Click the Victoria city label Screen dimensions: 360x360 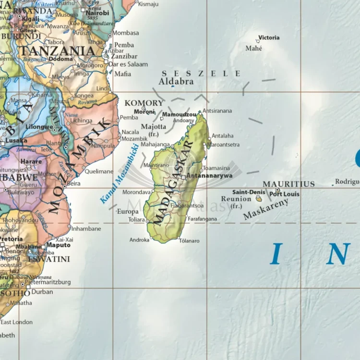tap(269, 37)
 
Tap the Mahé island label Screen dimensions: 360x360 tap(254, 48)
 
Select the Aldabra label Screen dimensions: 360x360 tap(176, 82)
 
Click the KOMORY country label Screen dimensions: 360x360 tap(144, 103)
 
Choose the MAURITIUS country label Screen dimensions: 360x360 tap(288, 184)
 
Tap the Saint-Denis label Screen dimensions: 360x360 tap(249, 192)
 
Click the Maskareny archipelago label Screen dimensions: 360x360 tap(266, 209)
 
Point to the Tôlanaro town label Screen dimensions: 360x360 tap(189, 240)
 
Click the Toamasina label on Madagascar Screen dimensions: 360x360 tap(216, 168)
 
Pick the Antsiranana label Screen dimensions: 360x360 tap(217, 111)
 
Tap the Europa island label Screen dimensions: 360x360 tap(128, 211)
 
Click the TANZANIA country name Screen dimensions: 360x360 tap(56, 50)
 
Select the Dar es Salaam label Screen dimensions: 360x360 tap(128, 64)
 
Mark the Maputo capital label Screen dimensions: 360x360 tap(58, 245)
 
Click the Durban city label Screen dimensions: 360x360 tap(42, 291)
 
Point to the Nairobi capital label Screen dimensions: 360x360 tap(98, 13)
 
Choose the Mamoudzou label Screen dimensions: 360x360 tap(179, 115)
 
